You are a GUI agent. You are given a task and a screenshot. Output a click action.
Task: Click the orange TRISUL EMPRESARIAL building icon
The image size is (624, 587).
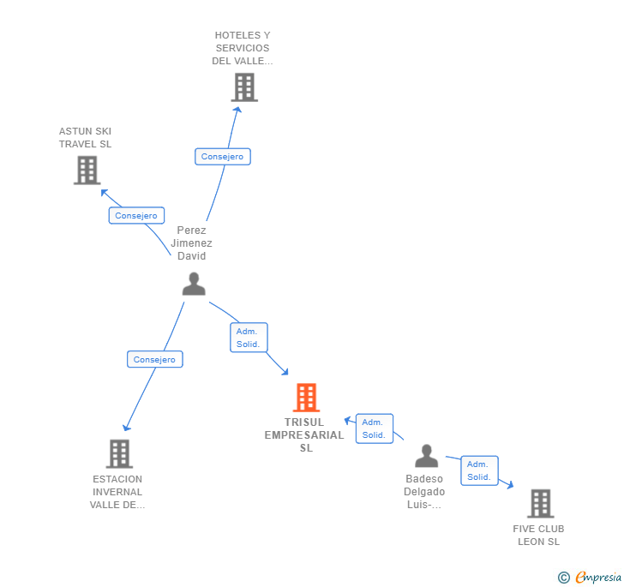coord(306,398)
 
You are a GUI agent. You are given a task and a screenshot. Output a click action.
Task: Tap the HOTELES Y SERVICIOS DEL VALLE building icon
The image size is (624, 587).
coord(244,87)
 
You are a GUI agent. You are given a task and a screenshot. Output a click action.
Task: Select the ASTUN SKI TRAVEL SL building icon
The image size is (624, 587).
coord(87,170)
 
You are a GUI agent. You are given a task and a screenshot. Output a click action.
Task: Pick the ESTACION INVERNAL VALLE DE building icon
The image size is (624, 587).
coord(119,453)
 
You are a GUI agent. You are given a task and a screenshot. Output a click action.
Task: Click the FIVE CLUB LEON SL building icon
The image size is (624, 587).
coord(540,503)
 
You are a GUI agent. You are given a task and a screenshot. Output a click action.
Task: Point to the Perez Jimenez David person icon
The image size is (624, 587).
coord(194,284)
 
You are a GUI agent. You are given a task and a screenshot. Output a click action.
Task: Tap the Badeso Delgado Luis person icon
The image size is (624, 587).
coord(426,456)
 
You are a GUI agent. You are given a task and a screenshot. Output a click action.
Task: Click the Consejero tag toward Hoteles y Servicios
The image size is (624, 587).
coord(223,157)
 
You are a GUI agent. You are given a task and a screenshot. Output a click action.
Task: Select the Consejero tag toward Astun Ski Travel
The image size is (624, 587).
coord(136,216)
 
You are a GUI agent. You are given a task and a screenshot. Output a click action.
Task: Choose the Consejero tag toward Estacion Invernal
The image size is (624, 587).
coord(154,360)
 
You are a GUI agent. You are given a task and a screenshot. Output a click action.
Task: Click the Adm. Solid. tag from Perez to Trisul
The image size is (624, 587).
coord(249,338)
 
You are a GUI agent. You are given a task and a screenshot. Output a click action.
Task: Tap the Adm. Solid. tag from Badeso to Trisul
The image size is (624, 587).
coord(374,428)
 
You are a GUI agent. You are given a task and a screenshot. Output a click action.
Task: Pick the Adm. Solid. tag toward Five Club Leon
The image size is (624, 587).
coord(479,470)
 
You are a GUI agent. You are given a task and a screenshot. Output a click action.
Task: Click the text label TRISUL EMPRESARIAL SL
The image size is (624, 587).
coord(306,434)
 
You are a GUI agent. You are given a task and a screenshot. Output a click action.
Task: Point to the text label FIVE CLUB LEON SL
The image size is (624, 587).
coord(538,535)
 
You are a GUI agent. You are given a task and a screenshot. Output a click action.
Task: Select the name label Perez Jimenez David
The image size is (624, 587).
coord(191,243)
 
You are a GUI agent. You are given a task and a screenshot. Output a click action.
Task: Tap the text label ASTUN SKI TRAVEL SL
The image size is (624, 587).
coord(85,138)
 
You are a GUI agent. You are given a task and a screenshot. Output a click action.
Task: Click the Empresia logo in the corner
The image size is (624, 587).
coord(591,578)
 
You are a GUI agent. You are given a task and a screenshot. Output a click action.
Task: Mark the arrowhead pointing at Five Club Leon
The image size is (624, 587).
coord(510,486)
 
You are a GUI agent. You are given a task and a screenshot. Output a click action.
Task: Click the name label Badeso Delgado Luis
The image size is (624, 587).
coord(424,492)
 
